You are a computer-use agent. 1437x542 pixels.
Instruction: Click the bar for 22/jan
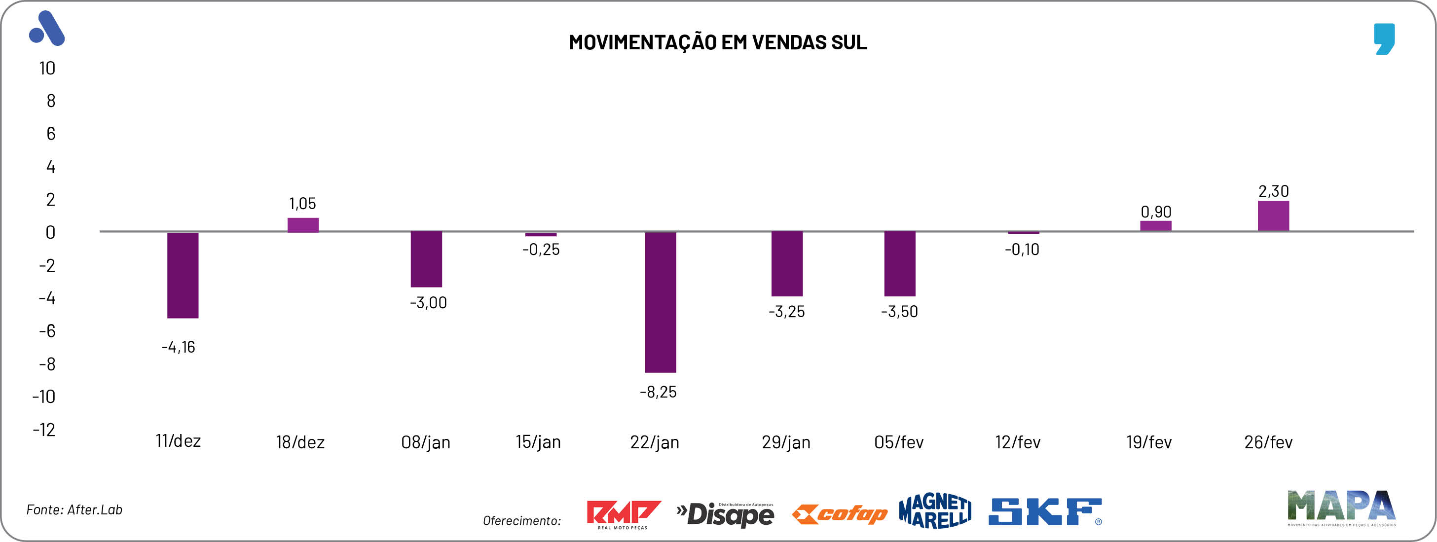(661, 302)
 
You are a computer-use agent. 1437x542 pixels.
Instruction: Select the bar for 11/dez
(183, 275)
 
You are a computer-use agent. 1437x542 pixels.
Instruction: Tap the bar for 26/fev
(1274, 216)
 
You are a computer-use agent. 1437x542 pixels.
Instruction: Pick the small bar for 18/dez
(303, 225)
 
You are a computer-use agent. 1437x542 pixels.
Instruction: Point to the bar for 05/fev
(900, 263)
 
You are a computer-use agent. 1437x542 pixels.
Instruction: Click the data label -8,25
(658, 392)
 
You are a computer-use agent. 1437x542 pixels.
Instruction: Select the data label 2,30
(1274, 191)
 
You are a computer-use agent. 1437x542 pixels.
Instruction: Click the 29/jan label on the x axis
(786, 442)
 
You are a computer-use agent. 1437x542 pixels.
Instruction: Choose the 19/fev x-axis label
(1149, 442)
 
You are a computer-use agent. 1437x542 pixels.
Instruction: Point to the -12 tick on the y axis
(44, 430)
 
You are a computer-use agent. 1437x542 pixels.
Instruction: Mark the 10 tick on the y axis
(47, 68)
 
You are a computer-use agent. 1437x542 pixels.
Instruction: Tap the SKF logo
(1045, 512)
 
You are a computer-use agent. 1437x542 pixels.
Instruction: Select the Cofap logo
(840, 513)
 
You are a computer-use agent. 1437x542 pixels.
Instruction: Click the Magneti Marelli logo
(935, 511)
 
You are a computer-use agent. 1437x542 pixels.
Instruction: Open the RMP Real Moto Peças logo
(623, 514)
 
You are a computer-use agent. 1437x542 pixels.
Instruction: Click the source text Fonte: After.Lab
(74, 509)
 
